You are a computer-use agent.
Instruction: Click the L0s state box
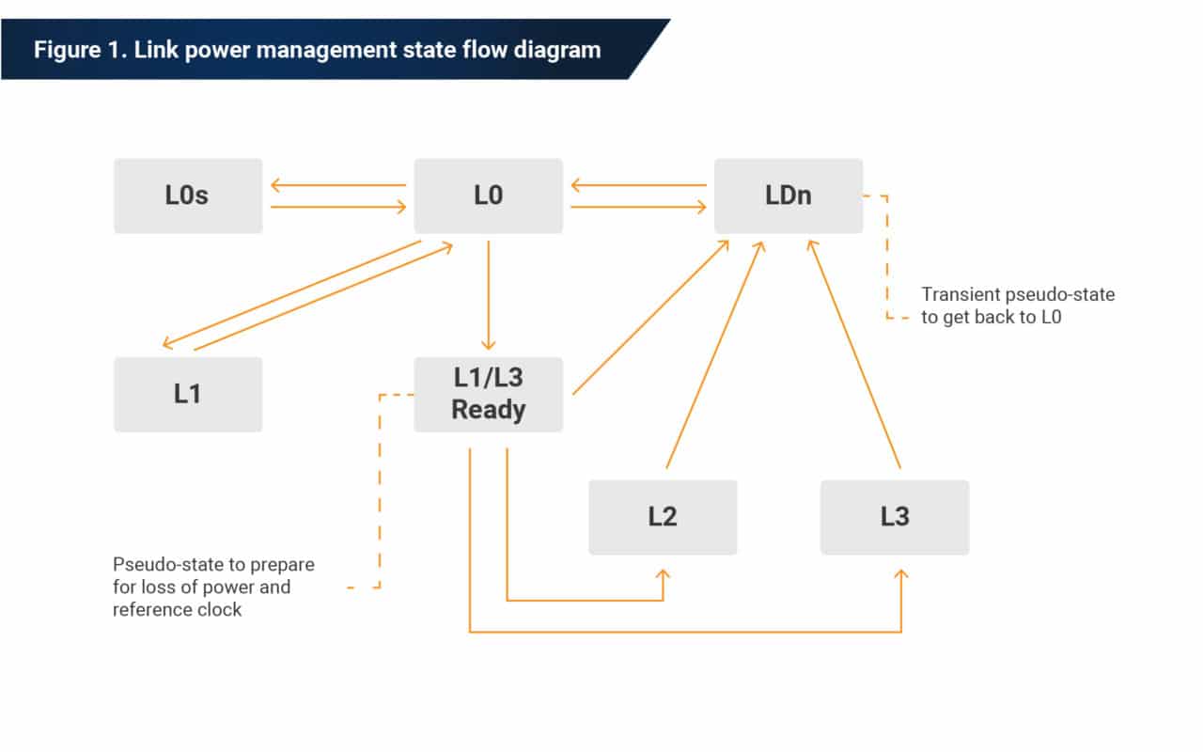pos(188,196)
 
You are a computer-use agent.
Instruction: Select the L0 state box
pos(488,196)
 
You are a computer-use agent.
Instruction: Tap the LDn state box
pos(789,196)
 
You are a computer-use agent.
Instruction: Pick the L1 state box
pos(188,394)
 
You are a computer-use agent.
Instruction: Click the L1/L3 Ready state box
pos(488,394)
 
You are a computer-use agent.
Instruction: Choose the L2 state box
pos(663,517)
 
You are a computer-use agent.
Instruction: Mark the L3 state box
pos(895,517)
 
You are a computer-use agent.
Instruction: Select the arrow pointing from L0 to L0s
pos(338,186)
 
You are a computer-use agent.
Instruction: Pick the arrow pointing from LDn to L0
pos(639,186)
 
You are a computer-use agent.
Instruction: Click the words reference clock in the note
pos(177,610)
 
